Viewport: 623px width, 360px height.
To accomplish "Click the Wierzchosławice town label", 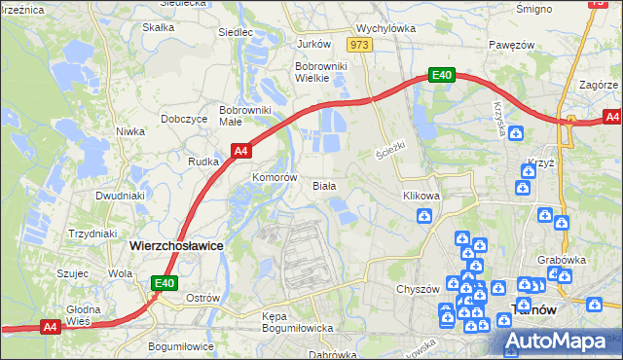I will pyautogui.click(x=176, y=246).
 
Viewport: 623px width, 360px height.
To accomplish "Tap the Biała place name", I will pyautogui.click(x=324, y=185).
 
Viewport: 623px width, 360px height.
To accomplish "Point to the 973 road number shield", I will pyautogui.click(x=360, y=45).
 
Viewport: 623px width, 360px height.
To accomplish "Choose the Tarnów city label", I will pyautogui.click(x=533, y=310).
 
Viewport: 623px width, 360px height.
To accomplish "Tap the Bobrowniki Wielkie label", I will pyautogui.click(x=318, y=72).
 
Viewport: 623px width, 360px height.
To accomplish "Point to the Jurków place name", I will pyautogui.click(x=313, y=44).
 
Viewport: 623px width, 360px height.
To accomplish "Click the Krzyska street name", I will pyautogui.click(x=498, y=118).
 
